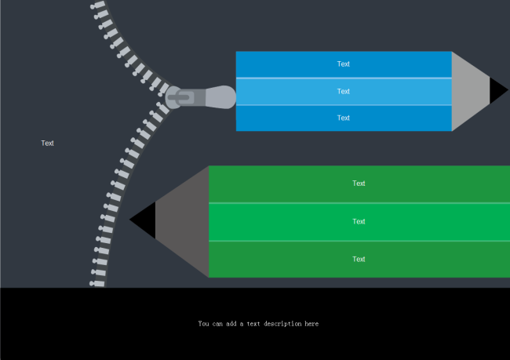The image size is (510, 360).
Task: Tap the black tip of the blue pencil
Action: (x=497, y=90)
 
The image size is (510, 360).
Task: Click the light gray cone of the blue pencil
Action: (x=470, y=91)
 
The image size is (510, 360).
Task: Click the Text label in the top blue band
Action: (x=344, y=64)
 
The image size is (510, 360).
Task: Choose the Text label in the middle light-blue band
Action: (x=344, y=91)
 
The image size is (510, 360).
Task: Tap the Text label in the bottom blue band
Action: (x=344, y=118)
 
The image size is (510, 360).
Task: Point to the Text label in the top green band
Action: (x=359, y=184)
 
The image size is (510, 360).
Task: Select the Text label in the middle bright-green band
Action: (x=359, y=221)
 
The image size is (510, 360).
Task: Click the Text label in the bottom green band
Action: (x=359, y=259)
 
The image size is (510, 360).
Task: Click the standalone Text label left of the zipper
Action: (x=47, y=143)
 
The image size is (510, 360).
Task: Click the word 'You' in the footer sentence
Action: (x=204, y=323)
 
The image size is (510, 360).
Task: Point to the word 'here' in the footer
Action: (x=311, y=323)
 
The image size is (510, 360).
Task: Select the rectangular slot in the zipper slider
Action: (x=187, y=98)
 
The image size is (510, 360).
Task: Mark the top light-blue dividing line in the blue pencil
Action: (x=344, y=78)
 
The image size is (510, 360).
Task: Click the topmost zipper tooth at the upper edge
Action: (x=97, y=5)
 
